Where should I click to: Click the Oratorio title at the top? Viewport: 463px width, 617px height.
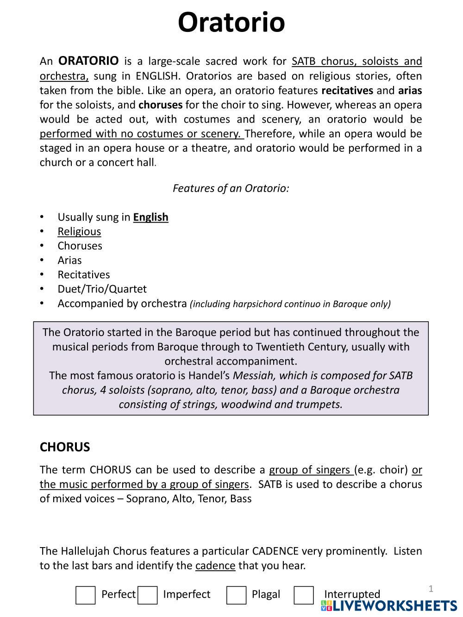231,22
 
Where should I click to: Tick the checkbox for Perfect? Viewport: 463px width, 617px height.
85,595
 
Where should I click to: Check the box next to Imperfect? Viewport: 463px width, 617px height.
147,595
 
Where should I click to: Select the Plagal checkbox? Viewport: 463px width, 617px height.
236,595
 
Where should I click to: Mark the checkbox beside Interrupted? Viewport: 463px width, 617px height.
304,595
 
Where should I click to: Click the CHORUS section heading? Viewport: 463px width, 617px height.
65,447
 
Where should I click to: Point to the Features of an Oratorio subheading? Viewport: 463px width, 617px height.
231,188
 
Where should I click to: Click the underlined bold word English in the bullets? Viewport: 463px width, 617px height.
150,217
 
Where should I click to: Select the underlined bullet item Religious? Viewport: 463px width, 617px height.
79,231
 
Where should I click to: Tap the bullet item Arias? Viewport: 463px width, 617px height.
69,260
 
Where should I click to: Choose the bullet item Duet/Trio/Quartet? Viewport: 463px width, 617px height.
102,289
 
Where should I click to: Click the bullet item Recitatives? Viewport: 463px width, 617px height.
84,274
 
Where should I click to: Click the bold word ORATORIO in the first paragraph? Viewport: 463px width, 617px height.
88,61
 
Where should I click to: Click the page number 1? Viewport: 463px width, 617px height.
431,589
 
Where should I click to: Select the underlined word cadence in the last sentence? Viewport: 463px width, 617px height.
215,566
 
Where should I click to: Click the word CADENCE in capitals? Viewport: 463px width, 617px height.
275,551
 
